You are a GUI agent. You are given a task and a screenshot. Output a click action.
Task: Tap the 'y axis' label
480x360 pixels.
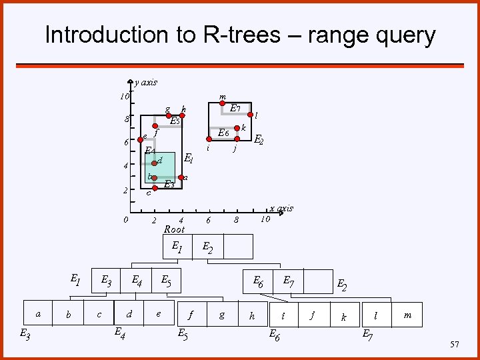pos(146,83)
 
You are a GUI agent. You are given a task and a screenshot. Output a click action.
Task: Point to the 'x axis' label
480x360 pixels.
pos(281,209)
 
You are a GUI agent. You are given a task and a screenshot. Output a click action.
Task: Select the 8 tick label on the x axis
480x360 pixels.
pos(236,220)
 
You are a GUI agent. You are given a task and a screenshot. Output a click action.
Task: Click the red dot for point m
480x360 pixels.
pos(223,103)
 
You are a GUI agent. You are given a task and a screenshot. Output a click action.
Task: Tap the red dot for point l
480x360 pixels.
pos(251,115)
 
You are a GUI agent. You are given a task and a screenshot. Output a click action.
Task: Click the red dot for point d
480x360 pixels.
pos(154,162)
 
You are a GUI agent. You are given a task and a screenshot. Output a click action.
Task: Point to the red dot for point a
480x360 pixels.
pos(181,177)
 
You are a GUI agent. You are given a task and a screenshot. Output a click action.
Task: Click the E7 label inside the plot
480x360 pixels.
pos(235,108)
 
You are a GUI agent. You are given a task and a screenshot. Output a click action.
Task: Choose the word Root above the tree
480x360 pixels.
pos(174,229)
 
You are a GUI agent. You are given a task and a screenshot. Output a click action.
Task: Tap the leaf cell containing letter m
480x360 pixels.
pos(407,314)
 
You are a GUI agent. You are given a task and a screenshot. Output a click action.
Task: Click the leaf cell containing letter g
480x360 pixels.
pos(222,314)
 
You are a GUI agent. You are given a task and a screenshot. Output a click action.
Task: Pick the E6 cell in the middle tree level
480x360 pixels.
pos(257,282)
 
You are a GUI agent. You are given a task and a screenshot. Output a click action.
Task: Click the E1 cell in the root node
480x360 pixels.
pos(177,246)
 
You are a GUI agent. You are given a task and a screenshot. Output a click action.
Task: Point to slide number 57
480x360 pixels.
pos(455,345)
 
